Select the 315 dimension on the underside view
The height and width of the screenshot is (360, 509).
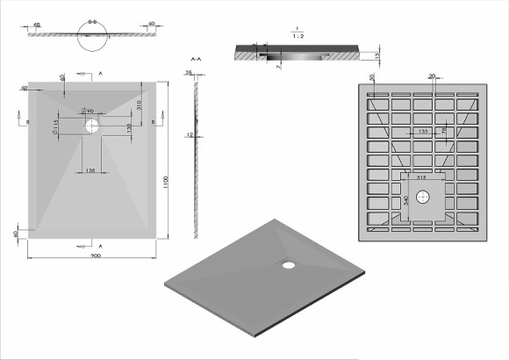423,177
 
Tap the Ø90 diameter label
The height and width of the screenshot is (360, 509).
88,111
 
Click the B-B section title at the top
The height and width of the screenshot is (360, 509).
92,15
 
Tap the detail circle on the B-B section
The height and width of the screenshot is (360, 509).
92,34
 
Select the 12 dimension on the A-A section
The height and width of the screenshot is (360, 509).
189,135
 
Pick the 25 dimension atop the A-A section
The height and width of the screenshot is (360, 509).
189,72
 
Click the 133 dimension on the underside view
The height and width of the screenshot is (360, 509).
423,131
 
